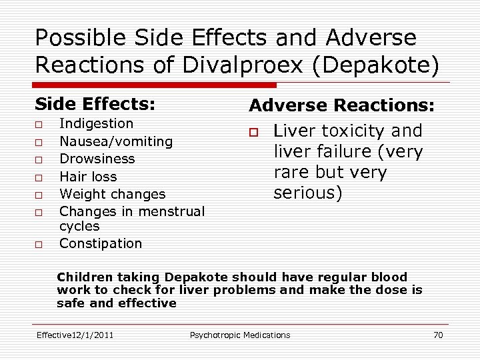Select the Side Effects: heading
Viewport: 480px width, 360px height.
(x=95, y=105)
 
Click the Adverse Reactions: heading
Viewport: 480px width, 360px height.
(x=341, y=105)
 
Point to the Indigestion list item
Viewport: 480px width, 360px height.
(x=96, y=123)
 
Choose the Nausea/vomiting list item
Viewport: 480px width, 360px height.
(x=116, y=141)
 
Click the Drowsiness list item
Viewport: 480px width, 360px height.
(x=97, y=159)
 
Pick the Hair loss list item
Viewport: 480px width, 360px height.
(x=88, y=177)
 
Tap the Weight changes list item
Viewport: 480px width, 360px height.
(x=112, y=194)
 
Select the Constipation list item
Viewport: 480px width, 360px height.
(x=101, y=243)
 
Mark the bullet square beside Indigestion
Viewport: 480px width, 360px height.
(x=39, y=125)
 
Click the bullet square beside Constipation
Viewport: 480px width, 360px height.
(x=39, y=245)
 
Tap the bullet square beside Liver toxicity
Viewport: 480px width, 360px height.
(x=255, y=132)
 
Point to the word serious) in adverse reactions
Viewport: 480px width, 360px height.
(x=307, y=193)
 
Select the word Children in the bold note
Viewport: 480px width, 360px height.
(x=85, y=277)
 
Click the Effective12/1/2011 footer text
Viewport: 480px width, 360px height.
(x=75, y=335)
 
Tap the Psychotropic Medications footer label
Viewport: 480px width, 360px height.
(x=240, y=335)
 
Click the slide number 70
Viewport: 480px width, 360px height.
(x=437, y=335)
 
